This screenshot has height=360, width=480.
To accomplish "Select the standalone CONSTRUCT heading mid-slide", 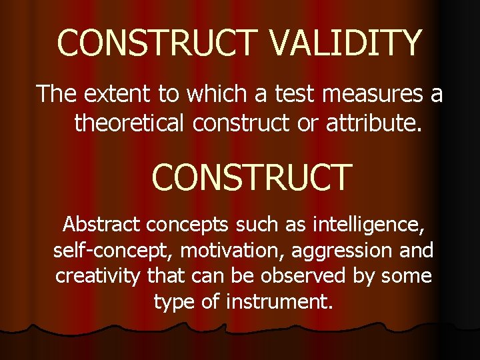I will click(x=251, y=177).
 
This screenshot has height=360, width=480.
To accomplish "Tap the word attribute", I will click(x=374, y=123).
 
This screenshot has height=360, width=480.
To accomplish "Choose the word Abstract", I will click(x=101, y=224).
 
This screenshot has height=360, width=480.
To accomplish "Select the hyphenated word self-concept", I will click(x=102, y=250).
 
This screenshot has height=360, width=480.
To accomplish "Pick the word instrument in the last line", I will click(x=279, y=301).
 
